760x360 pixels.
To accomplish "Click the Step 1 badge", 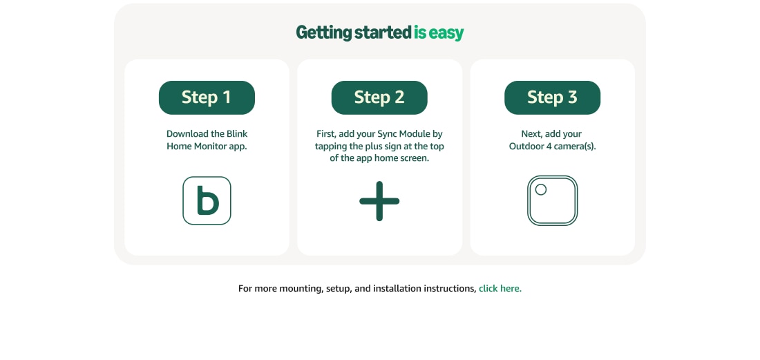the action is click(x=207, y=97).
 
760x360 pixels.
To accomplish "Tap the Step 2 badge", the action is click(x=379, y=97).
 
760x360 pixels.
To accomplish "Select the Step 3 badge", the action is click(x=552, y=97).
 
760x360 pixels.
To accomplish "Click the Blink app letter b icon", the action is click(x=207, y=200).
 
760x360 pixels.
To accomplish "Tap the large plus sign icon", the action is click(x=379, y=201).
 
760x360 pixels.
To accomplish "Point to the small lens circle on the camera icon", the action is click(x=541, y=189).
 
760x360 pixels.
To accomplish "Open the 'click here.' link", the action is click(x=500, y=289).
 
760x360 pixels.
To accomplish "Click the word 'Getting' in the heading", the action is click(x=324, y=33).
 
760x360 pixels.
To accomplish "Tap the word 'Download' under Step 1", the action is click(x=187, y=134).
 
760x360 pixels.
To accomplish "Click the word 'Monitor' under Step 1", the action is click(x=210, y=146).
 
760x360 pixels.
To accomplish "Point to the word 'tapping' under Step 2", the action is click(x=331, y=146).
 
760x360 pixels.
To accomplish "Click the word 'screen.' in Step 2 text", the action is click(x=413, y=158).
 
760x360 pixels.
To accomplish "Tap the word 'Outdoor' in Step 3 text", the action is click(x=526, y=146).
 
